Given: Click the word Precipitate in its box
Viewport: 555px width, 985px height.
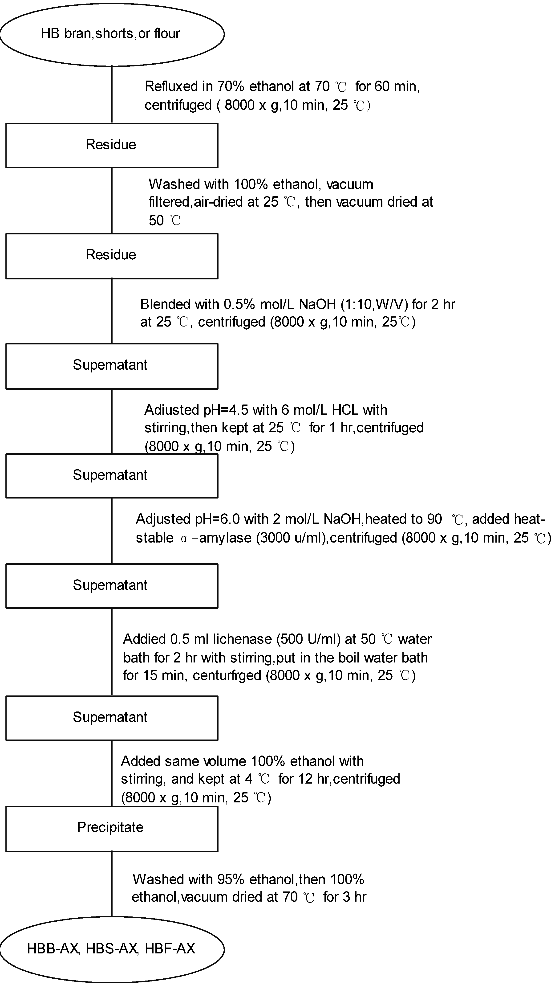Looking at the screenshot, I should (110, 827).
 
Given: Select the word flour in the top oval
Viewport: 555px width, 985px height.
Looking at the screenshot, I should (167, 34).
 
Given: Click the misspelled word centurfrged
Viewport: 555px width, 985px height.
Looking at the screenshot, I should (227, 675).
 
